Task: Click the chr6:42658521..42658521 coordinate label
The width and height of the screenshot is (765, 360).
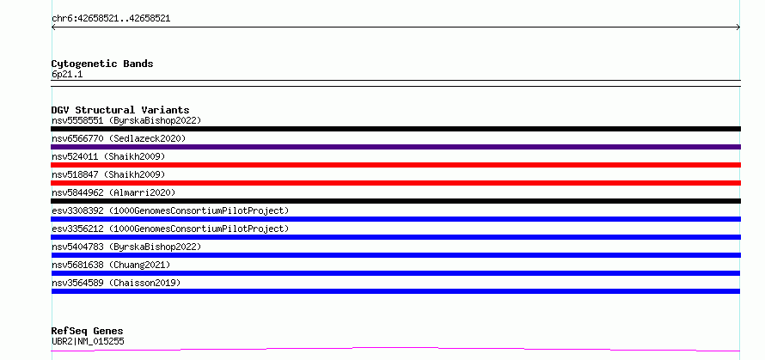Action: (111, 19)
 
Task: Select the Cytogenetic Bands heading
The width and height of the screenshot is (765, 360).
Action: (102, 64)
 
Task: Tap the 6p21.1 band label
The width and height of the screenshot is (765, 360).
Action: (67, 74)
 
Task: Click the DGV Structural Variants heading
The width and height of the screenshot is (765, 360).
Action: (120, 110)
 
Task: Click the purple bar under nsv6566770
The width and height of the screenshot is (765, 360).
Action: (395, 147)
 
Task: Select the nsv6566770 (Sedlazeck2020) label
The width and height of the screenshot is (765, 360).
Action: (119, 138)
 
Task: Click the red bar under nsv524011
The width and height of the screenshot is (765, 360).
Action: (395, 165)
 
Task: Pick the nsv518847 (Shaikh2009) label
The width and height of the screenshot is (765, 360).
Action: (108, 174)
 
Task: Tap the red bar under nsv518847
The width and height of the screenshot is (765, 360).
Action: (395, 183)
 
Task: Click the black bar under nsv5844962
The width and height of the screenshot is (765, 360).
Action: (395, 201)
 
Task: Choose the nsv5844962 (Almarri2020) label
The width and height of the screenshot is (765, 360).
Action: (113, 192)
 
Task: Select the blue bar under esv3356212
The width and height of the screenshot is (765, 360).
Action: (395, 237)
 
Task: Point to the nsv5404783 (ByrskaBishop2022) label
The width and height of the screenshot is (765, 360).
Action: (126, 247)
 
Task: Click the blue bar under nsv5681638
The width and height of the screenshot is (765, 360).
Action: (395, 273)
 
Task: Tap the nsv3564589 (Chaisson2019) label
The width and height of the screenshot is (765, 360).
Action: (116, 283)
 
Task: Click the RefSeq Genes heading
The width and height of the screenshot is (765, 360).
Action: (88, 332)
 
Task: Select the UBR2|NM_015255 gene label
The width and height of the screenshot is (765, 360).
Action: (88, 341)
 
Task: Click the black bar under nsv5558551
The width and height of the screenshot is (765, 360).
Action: (395, 129)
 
